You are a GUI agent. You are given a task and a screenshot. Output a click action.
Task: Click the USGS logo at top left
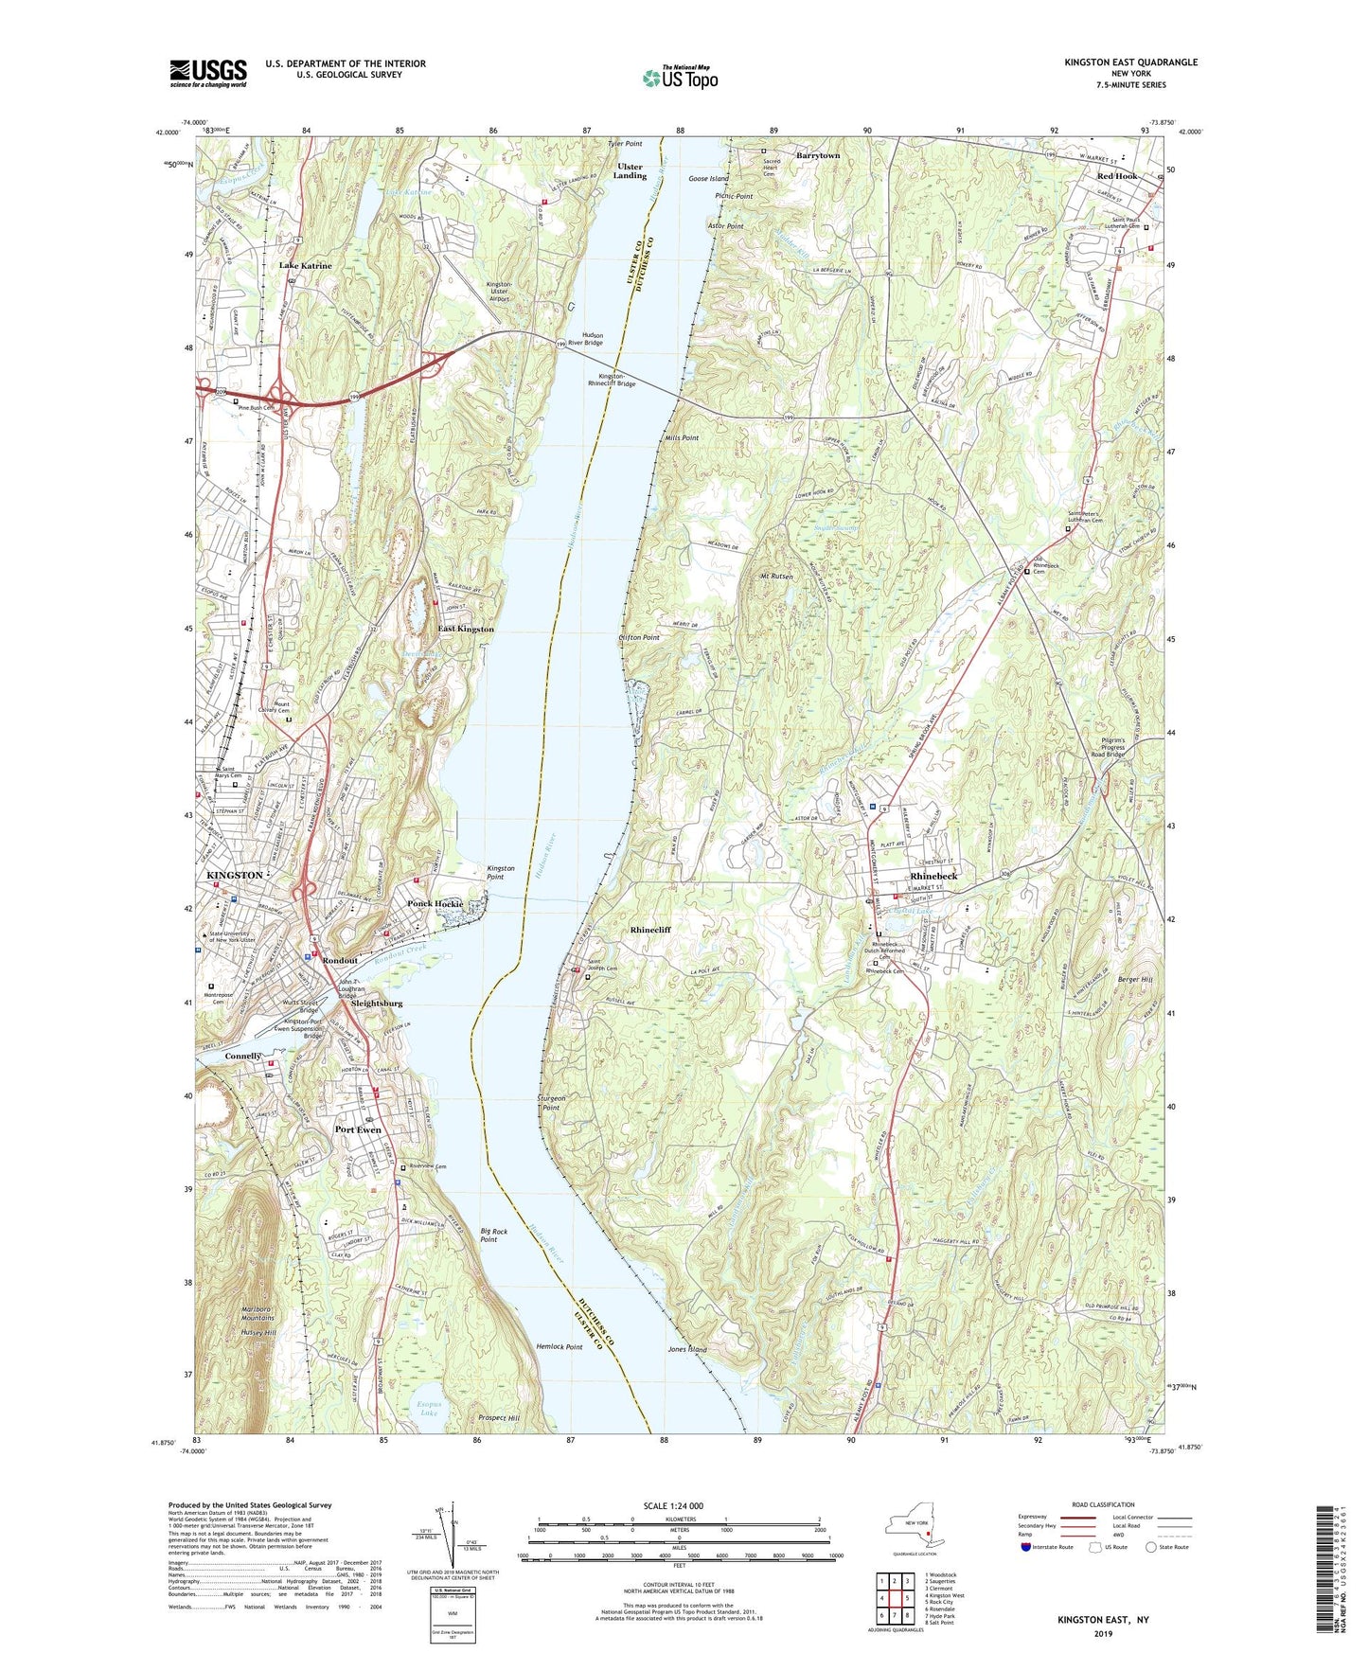click(208, 72)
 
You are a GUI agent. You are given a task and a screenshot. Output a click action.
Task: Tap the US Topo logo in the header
click(679, 78)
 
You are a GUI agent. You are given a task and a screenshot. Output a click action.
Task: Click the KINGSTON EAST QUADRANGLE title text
click(1130, 62)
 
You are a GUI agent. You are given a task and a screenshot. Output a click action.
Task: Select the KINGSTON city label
click(234, 876)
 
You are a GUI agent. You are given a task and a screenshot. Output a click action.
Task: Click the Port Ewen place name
click(358, 1129)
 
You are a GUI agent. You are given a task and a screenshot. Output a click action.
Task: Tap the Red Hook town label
click(1117, 177)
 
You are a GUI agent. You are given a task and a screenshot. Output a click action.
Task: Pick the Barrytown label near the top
click(817, 155)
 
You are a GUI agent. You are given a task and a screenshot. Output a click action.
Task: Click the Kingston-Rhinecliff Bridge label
click(612, 381)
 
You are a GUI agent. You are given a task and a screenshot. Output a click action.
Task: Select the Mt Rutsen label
click(775, 577)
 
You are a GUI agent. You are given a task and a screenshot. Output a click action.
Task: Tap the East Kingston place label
click(465, 630)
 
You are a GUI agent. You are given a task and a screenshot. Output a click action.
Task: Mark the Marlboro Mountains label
click(258, 1313)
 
